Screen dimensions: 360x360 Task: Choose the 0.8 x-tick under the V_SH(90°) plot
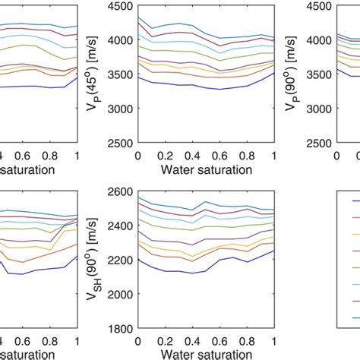tap(247, 343)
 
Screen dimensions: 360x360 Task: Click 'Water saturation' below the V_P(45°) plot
tap(206, 169)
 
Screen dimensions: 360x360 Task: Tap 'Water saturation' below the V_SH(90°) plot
tap(206, 355)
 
